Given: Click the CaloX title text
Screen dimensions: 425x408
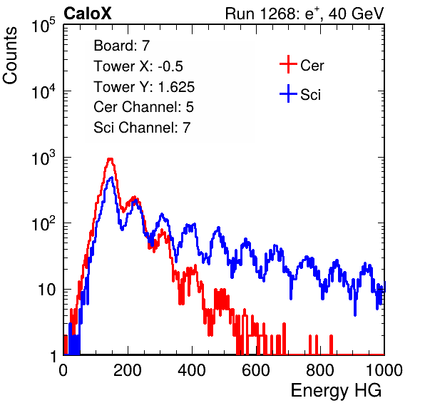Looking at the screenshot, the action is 87,14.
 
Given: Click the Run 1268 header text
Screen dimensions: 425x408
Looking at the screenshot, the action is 304,14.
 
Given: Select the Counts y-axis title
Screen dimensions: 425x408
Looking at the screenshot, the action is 10,56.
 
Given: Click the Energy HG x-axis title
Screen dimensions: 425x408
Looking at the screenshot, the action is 336,391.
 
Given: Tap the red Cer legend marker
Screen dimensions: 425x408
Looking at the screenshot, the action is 288,64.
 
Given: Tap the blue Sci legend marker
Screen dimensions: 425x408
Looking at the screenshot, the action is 288,94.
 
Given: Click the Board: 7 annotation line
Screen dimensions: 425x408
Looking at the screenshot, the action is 122,46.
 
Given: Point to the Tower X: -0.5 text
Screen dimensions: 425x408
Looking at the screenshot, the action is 138,66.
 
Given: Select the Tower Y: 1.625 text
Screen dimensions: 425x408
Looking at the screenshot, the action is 144,87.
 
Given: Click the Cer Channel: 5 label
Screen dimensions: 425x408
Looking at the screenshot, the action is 143,107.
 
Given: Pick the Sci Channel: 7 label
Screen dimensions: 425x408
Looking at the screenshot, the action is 142,128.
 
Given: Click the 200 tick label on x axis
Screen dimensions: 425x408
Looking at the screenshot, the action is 128,370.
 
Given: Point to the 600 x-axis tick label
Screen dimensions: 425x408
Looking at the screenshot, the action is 256,370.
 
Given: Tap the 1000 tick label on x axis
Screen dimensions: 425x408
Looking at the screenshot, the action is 384,370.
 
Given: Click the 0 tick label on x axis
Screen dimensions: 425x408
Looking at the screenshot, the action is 63,370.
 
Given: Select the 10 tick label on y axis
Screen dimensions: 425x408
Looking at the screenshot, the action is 47,290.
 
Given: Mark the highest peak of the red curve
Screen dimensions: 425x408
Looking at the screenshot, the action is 110,159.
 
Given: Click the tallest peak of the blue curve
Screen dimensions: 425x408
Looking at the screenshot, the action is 111,178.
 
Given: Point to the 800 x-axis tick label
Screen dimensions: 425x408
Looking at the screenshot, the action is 320,370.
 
